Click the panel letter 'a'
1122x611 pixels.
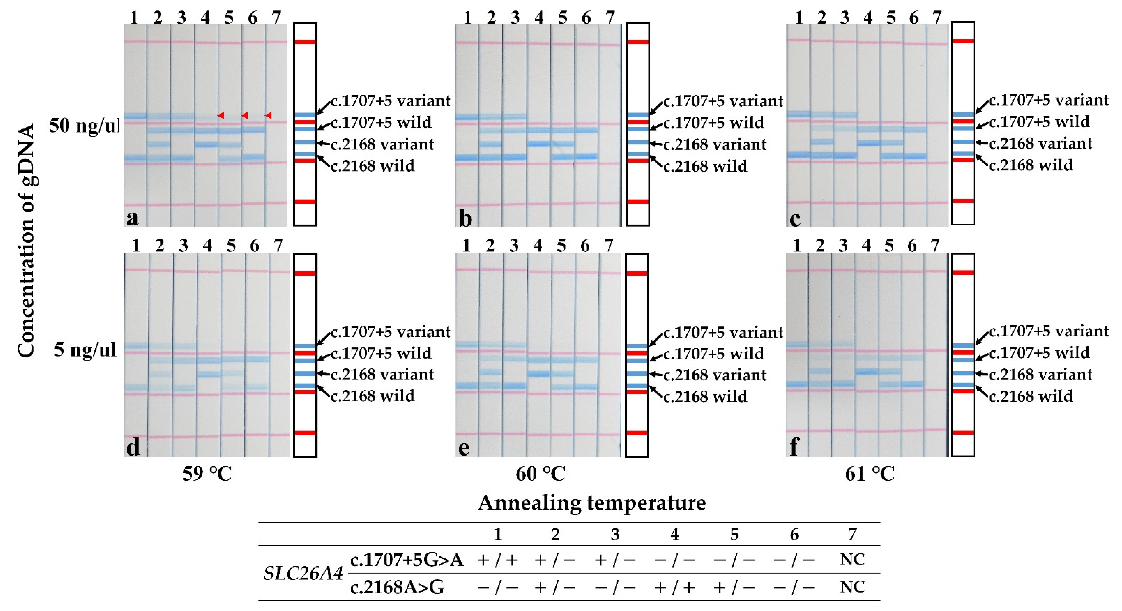coord(132,218)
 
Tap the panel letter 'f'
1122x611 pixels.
coord(794,446)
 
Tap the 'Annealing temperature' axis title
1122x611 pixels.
coord(592,503)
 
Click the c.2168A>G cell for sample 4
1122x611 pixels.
coord(675,587)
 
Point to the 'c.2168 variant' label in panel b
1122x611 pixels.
coord(715,144)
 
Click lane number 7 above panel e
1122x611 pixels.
coord(608,246)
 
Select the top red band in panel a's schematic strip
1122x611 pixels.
coord(305,42)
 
